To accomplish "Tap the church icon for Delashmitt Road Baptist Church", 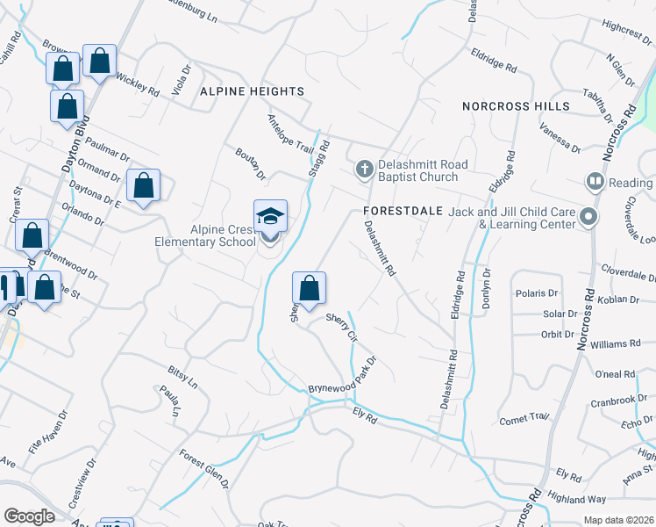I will click(x=363, y=168).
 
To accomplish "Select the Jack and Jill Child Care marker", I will click(x=588, y=217).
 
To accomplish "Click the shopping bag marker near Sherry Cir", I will click(x=309, y=288).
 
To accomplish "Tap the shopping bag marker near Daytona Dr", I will click(x=143, y=186).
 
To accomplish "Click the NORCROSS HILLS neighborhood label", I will click(x=517, y=106).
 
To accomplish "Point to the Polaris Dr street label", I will click(x=539, y=292).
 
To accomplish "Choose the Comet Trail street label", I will click(x=524, y=421).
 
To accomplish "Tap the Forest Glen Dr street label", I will click(x=204, y=470).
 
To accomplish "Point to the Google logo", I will click(x=30, y=516).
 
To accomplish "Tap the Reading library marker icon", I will click(x=596, y=182).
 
